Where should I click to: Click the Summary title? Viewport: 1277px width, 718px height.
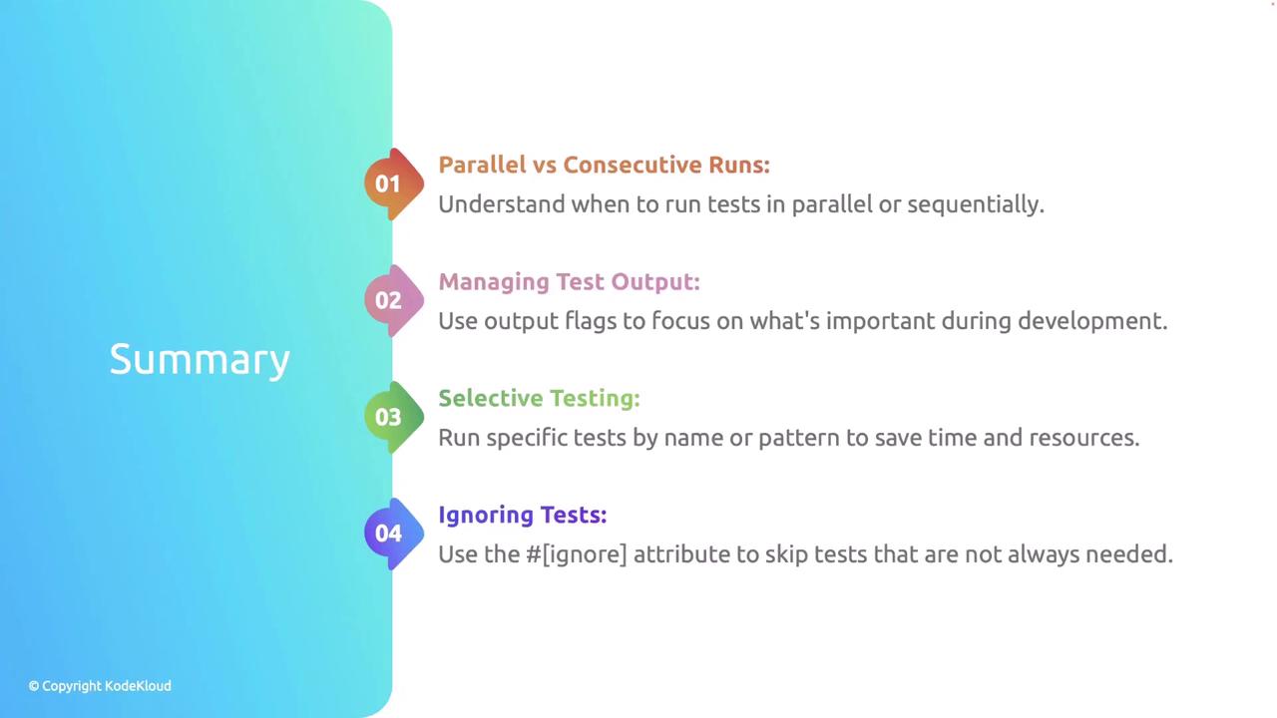[x=200, y=360]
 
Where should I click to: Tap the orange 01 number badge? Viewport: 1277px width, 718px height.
[x=394, y=184]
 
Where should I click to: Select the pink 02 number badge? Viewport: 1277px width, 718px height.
[x=394, y=300]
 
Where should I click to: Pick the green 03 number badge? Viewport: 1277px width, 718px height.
[x=394, y=417]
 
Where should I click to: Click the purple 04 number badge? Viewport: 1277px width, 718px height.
[x=394, y=534]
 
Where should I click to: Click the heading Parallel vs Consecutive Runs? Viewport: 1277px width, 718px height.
[x=605, y=165]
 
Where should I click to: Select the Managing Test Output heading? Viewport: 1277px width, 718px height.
[x=569, y=282]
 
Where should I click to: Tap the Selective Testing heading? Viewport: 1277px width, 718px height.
[x=540, y=398]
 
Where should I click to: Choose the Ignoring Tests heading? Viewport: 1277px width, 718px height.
[x=523, y=516]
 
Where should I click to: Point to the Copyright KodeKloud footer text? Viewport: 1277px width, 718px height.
[x=100, y=686]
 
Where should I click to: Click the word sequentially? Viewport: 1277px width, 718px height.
[x=976, y=204]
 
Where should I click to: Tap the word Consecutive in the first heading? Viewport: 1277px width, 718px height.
[x=633, y=165]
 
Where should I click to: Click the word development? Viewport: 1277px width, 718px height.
[x=1092, y=321]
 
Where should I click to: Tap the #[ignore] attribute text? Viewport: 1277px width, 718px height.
[x=576, y=554]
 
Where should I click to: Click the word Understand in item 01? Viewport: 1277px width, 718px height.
[x=502, y=204]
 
